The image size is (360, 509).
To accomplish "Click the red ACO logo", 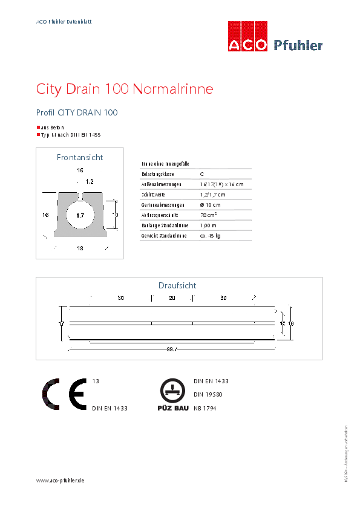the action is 247,37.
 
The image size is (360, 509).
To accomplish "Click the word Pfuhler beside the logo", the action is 298,45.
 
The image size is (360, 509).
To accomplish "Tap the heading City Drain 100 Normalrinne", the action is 125,89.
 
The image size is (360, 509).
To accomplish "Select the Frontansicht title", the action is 80,157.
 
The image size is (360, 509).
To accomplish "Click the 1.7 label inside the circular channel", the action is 80,215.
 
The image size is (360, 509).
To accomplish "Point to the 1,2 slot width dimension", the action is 90,181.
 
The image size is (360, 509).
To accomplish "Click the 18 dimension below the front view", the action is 80,248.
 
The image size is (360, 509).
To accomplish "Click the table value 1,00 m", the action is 209,225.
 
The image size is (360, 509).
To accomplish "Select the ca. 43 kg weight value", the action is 211,235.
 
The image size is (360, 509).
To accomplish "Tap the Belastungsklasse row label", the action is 158,173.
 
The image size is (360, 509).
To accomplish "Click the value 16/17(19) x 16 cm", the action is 221,184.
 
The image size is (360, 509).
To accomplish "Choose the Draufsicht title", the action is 177,285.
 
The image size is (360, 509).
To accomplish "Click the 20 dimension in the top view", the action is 172,298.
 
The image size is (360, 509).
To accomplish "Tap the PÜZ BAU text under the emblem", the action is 172,409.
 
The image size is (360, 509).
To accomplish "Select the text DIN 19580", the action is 209,395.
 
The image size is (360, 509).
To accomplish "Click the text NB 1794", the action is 206,409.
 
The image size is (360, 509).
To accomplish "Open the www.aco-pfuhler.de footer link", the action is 60,480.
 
